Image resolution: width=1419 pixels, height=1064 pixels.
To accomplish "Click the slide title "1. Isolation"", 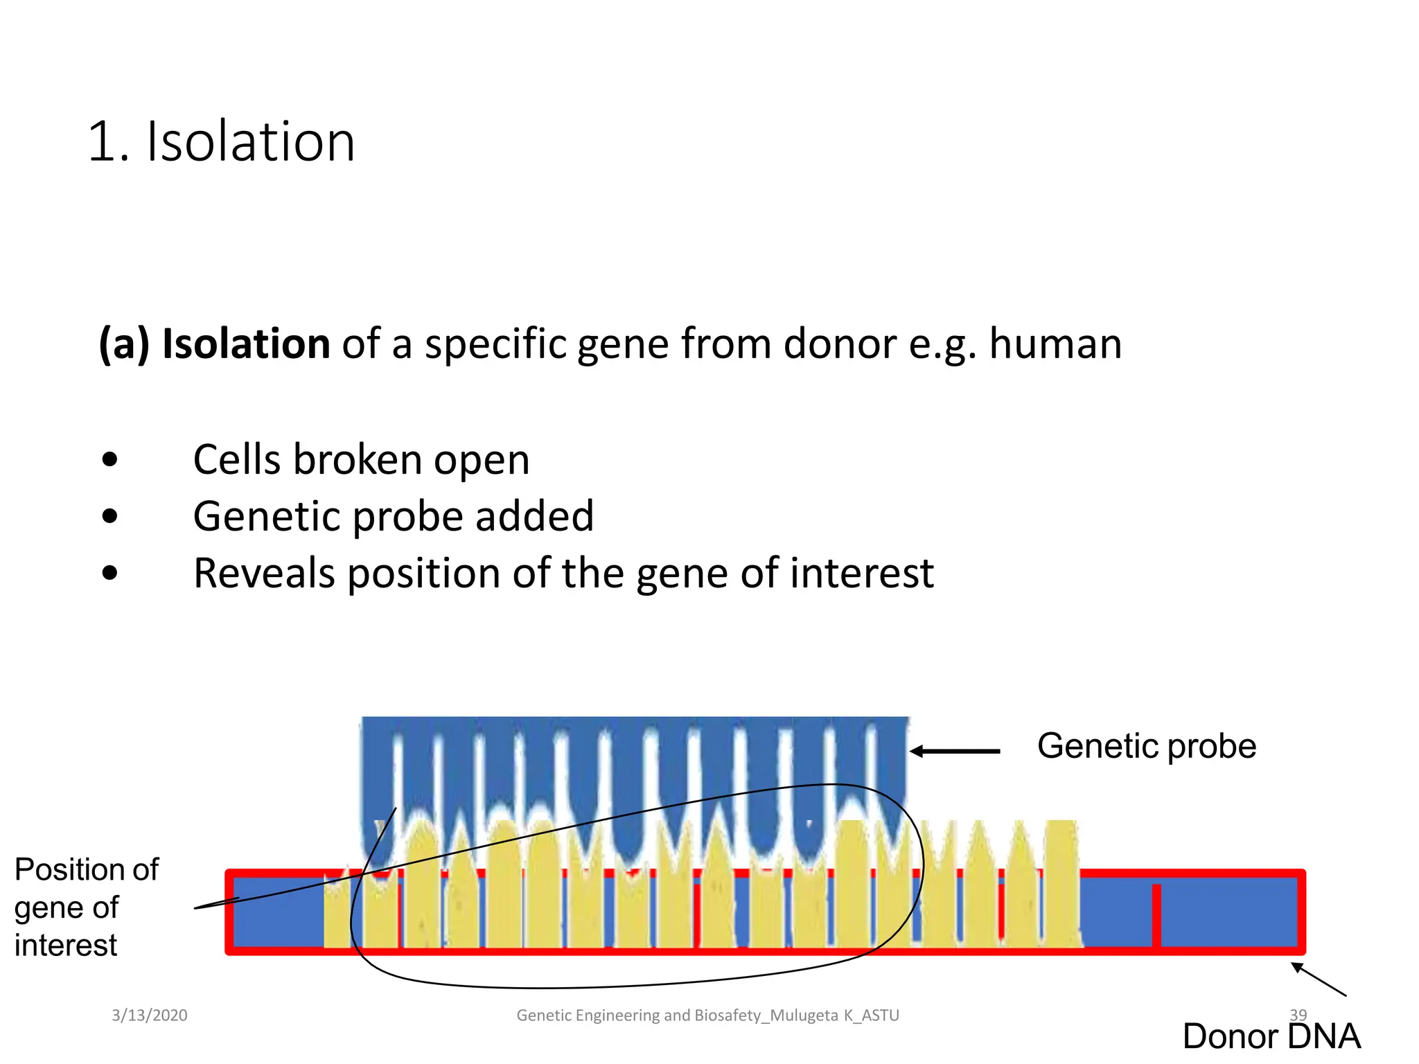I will click(221, 142).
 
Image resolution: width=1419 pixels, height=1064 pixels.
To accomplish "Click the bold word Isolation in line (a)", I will click(246, 344).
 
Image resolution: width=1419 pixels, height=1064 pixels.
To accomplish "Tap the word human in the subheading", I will click(1055, 344).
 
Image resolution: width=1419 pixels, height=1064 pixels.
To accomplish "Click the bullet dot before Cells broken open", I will click(109, 459).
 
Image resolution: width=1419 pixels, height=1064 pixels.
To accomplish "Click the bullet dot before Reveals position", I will click(109, 573).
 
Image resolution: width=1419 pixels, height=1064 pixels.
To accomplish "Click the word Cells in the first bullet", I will click(237, 460).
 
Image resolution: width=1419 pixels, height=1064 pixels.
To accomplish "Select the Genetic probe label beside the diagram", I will click(1146, 747).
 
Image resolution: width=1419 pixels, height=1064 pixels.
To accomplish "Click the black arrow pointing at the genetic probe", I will click(955, 751).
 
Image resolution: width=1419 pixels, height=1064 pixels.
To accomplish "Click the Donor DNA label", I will click(1271, 1036).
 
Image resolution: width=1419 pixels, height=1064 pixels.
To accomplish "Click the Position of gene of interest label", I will click(86, 907).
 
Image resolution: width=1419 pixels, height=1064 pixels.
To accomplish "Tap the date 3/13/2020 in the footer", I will click(150, 1016).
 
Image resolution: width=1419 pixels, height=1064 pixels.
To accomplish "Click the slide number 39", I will click(1298, 1015).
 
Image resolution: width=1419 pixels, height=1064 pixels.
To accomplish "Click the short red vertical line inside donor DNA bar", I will click(1156, 915).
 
